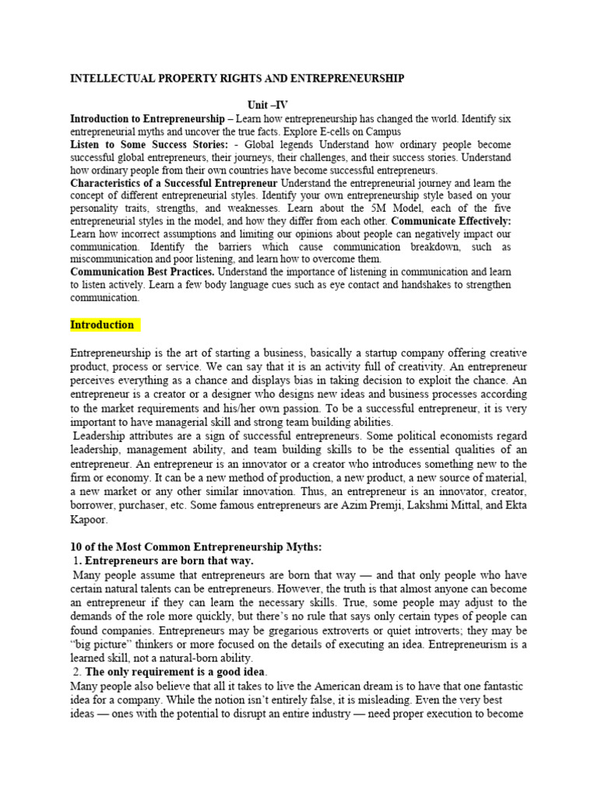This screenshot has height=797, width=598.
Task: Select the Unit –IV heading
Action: [x=269, y=104]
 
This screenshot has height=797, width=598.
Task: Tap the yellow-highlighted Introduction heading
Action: [x=102, y=325]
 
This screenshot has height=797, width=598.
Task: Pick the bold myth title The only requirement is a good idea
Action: [x=175, y=671]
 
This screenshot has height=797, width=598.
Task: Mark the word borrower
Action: [x=96, y=506]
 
